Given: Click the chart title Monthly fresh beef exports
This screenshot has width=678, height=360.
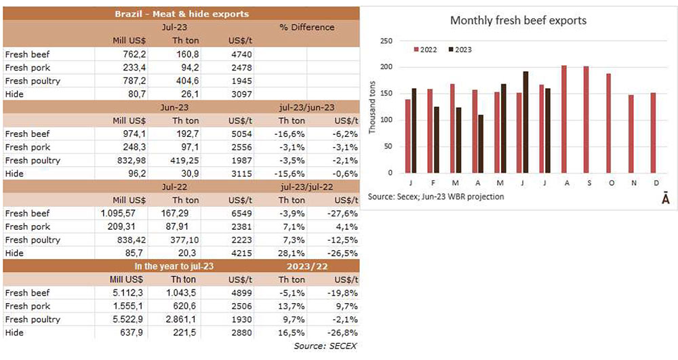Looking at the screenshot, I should point(518,20).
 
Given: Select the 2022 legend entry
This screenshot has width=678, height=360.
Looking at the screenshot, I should point(426,49).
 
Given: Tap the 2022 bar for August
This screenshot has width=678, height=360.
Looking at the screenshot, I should point(564,119).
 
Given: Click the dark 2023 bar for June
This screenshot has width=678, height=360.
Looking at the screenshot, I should point(525,122).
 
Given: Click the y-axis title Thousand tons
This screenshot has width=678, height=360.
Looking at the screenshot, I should point(372,107).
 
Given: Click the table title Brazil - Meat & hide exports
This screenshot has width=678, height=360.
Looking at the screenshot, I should point(180,14).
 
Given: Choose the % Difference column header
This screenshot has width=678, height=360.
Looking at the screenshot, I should point(306,27).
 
